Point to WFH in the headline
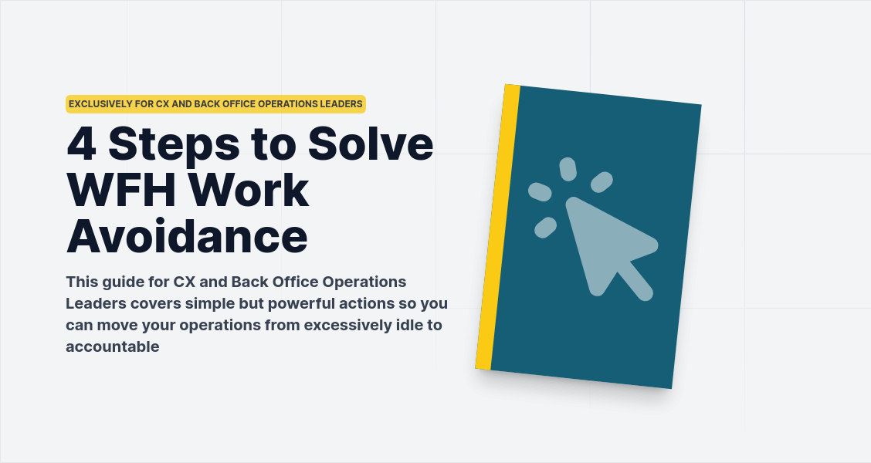(x=117, y=190)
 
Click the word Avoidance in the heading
(x=187, y=237)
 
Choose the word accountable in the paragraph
(x=113, y=347)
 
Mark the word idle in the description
(x=409, y=325)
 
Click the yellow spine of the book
(x=497, y=228)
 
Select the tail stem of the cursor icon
(x=635, y=281)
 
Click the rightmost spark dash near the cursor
(x=602, y=182)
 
